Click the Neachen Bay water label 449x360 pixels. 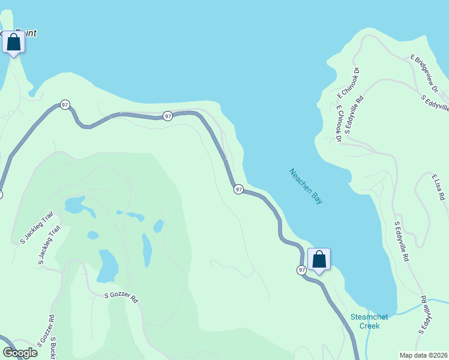point(306,186)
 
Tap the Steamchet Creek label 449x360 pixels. point(370,321)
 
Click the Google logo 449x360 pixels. point(20,353)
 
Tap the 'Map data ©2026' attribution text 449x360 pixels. point(423,355)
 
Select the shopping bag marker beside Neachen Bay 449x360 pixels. point(319,260)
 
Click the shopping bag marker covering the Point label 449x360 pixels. point(13,43)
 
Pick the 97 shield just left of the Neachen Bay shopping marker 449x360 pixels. point(301,271)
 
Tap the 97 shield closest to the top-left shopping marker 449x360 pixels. point(65,106)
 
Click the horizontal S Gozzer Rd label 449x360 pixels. point(121,296)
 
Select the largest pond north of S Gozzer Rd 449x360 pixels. point(108,265)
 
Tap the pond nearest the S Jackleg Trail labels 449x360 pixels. point(75,205)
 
